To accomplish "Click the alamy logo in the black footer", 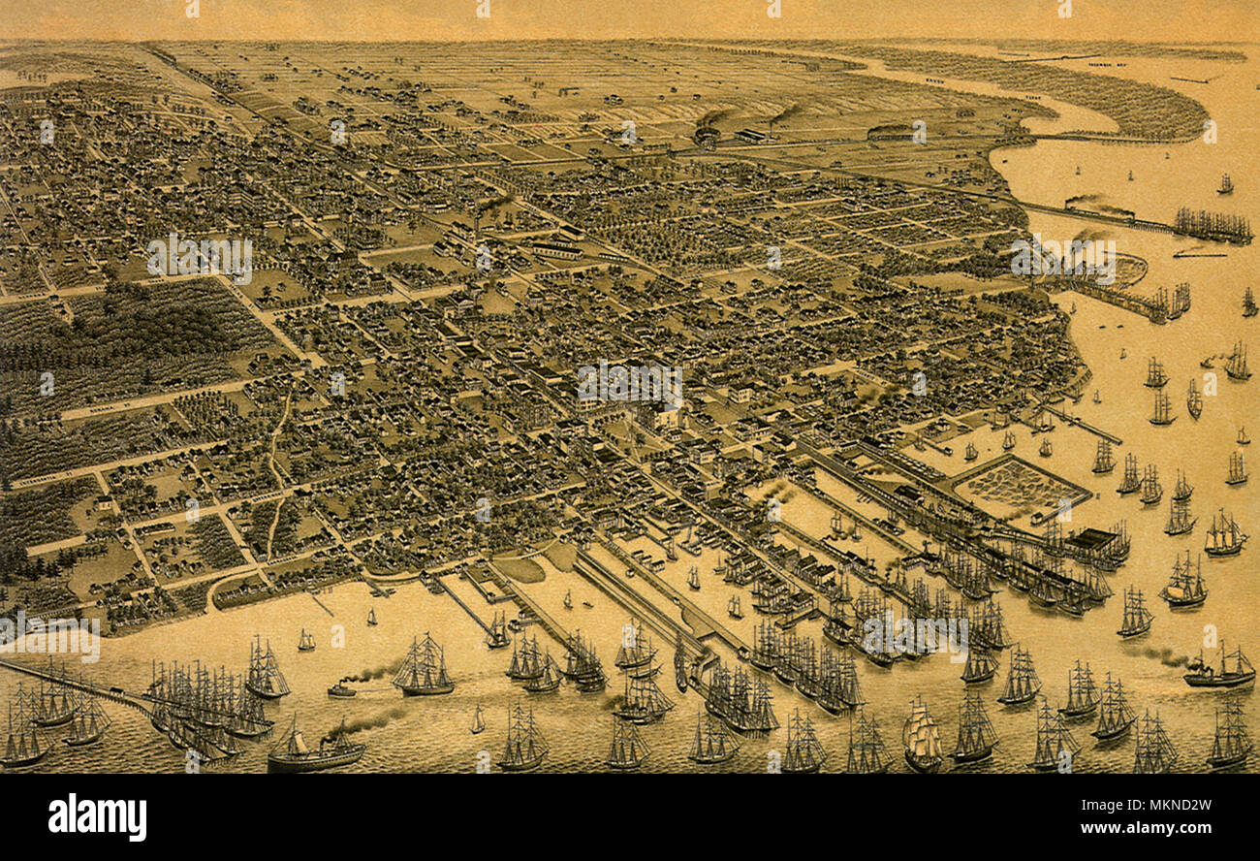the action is pos(97,816).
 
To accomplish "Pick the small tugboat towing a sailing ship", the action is pos(340,689).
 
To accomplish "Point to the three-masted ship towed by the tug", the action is pos(423,669).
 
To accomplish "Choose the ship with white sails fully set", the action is pos(921,737).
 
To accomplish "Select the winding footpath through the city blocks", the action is pos(276,465).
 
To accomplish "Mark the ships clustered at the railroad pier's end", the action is pos(1212,226).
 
